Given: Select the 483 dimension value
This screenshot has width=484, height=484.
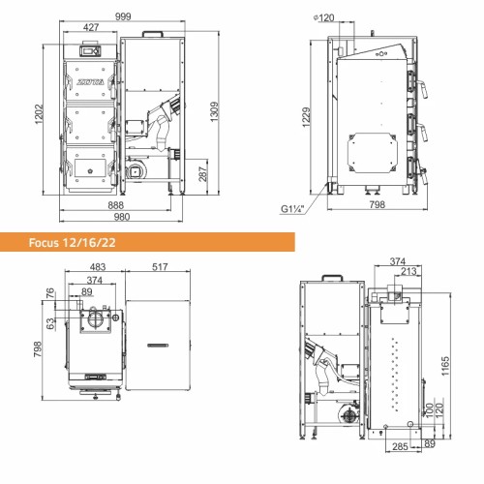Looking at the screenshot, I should pos(98,267).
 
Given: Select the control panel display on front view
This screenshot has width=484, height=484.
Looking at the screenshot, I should pos(92,48).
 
